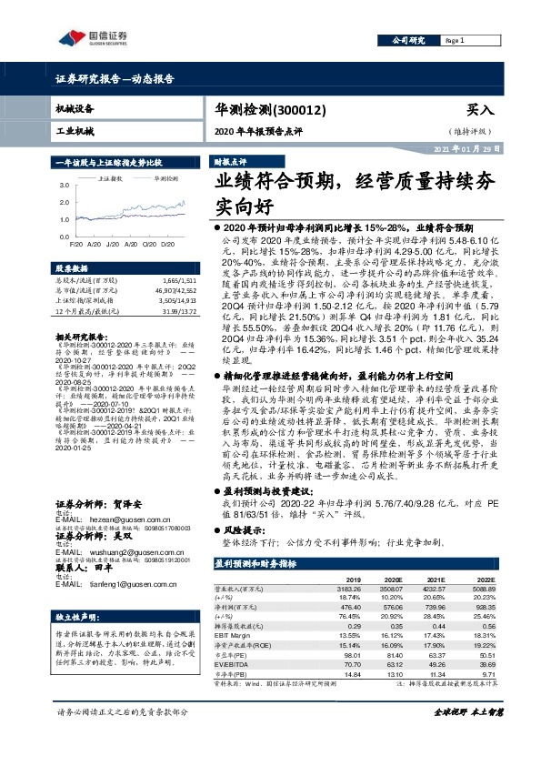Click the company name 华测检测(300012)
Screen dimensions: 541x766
(x=265, y=108)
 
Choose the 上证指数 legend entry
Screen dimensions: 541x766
(x=110, y=179)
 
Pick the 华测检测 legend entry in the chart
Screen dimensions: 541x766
(x=166, y=179)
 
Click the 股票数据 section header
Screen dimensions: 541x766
(x=73, y=269)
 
